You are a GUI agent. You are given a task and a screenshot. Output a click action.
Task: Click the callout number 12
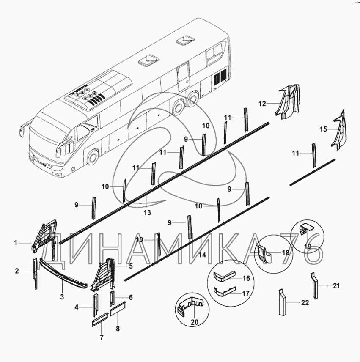[x=262, y=104]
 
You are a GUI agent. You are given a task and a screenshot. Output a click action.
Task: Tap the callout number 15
[x=323, y=129]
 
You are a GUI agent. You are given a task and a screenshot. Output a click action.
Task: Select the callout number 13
[x=147, y=212]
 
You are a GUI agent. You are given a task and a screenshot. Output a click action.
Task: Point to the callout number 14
[x=202, y=255]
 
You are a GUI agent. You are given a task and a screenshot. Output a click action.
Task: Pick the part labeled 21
[x=314, y=286]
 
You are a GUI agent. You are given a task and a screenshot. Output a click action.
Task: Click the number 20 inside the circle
[x=195, y=322]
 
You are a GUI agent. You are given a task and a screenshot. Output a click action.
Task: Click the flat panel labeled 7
[x=100, y=320]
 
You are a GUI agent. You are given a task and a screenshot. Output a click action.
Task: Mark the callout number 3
[x=62, y=297]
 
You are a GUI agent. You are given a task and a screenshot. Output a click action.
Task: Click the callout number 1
[x=16, y=243]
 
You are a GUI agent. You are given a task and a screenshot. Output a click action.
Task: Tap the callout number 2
[x=17, y=271]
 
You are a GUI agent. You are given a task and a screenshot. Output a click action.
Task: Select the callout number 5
[x=131, y=266]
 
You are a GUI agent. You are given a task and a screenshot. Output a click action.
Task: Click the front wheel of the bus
[x=93, y=157]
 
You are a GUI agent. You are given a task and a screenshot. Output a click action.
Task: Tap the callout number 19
[x=308, y=246]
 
